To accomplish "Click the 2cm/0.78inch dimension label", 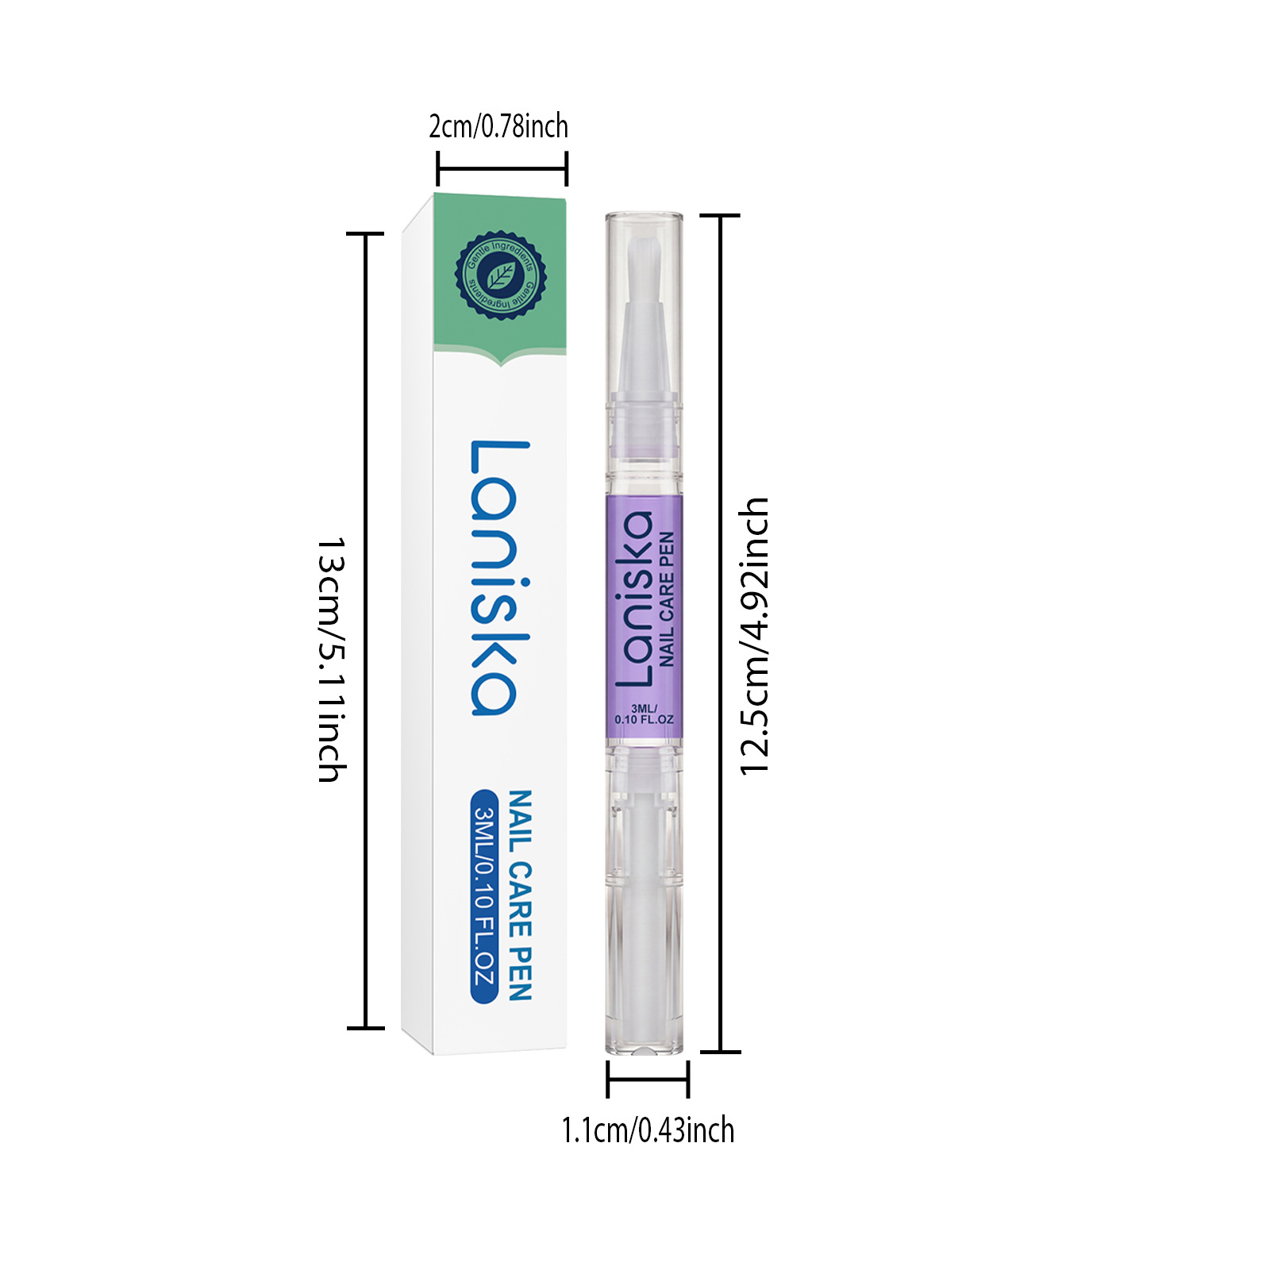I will (498, 126).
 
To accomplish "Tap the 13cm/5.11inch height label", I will (331, 660).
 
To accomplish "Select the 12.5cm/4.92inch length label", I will (754, 635).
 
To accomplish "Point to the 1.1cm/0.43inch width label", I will (648, 1130).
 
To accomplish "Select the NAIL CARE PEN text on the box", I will (519, 895).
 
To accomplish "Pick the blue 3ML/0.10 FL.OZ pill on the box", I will (484, 896).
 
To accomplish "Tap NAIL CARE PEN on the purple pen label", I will (666, 599).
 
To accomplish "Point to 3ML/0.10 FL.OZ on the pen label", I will (644, 714).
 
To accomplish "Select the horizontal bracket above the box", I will (502, 168).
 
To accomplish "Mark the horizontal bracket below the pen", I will (648, 1079).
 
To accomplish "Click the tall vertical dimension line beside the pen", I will (720, 633).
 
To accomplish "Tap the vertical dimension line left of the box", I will (366, 631).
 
